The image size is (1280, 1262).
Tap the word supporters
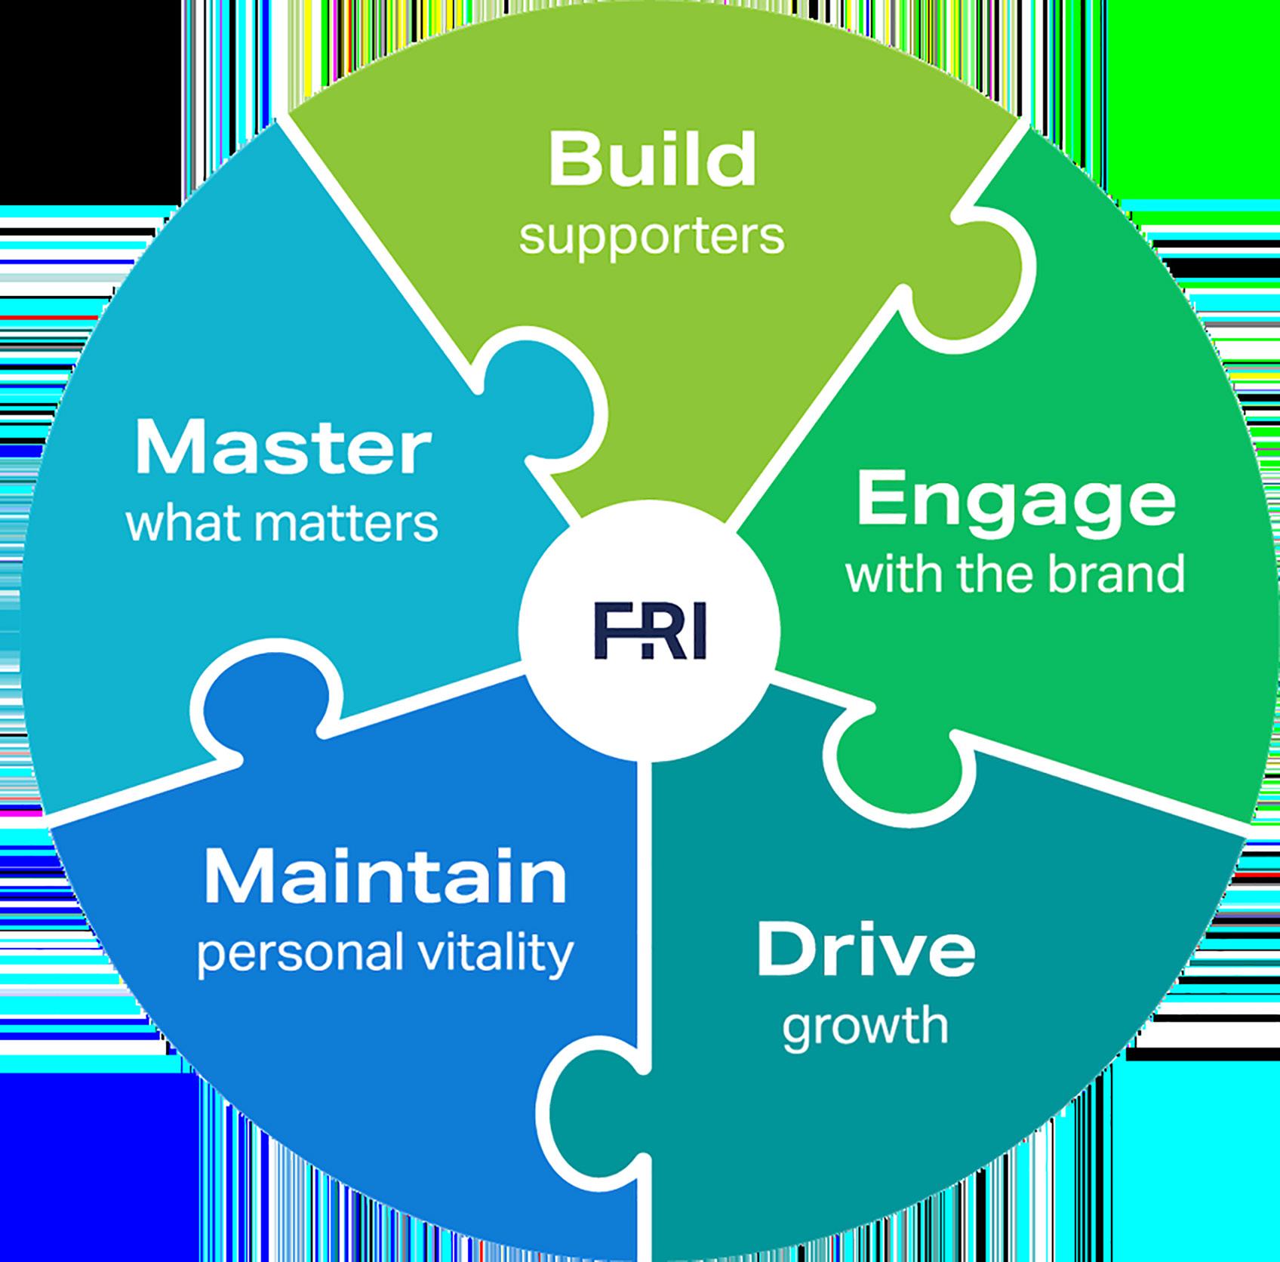tap(652, 238)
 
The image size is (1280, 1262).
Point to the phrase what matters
tap(283, 522)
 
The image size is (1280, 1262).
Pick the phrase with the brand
tap(1016, 575)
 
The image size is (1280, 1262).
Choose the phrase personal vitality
tap(385, 955)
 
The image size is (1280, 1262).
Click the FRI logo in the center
tap(649, 631)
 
